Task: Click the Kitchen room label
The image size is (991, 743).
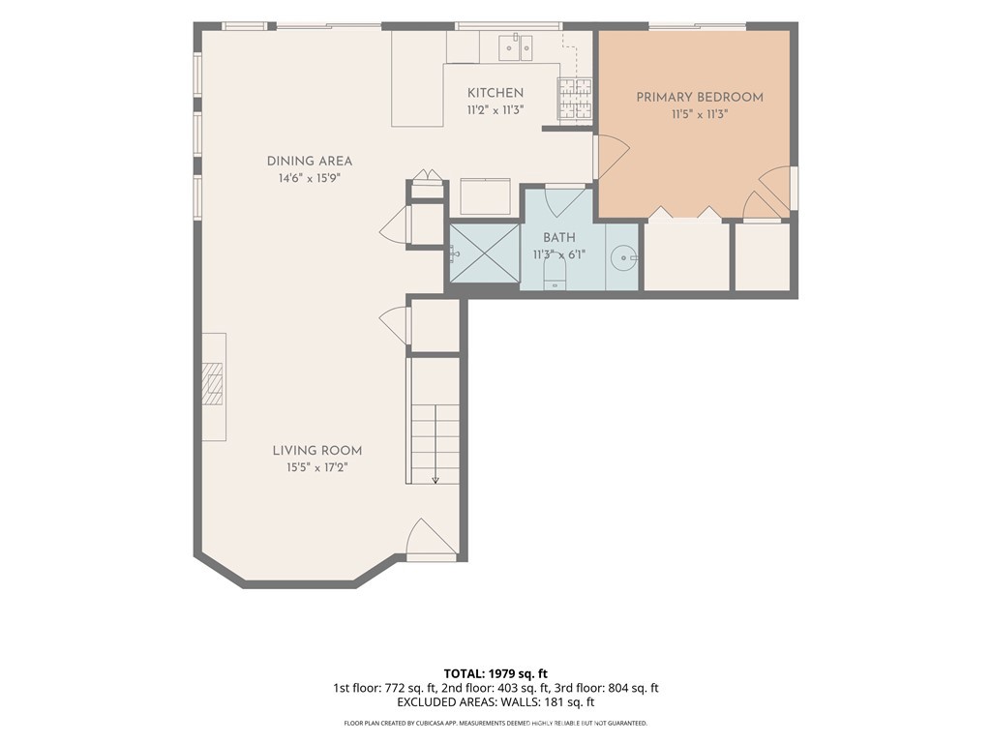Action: tap(495, 93)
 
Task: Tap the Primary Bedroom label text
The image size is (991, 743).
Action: tap(700, 98)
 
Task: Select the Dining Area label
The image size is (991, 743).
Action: tap(309, 162)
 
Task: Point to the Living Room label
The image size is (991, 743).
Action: tap(317, 451)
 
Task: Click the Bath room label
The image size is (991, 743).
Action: tap(559, 238)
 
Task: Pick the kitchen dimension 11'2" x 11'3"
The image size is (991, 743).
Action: tap(495, 110)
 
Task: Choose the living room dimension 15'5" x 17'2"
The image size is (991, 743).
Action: tap(317, 467)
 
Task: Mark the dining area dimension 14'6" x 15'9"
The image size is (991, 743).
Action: tap(310, 178)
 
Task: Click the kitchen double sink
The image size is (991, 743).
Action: tap(516, 47)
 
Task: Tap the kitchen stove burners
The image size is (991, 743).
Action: tap(575, 99)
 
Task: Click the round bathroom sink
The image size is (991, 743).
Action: tap(623, 257)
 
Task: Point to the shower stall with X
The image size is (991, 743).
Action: tap(484, 253)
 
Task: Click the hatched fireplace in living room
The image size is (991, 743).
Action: tap(213, 383)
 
